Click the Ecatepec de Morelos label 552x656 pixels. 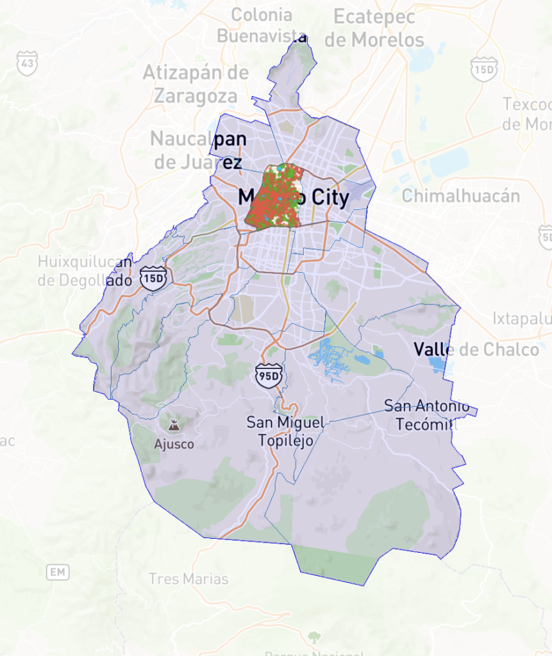coord(374,28)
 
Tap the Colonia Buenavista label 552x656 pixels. coord(262,25)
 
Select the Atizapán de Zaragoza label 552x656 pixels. coord(196,84)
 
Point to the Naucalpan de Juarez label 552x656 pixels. coord(198,150)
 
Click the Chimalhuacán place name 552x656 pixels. coord(460,195)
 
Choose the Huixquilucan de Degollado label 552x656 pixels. coord(85,270)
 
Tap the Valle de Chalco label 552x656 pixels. coord(476,349)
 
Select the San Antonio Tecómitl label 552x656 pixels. coord(427,414)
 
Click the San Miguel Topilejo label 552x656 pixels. coord(285,430)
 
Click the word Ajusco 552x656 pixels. coord(173,444)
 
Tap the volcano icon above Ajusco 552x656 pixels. coord(173,425)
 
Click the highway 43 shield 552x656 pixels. coord(27,63)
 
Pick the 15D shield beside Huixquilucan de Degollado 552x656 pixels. coord(155,279)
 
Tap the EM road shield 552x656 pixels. coord(58,572)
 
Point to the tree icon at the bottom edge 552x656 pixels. coord(314,637)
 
